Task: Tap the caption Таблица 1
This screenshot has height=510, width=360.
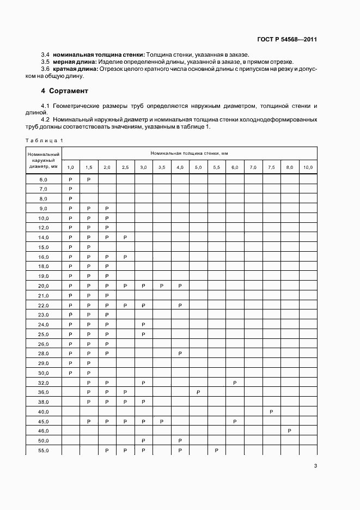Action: click(x=44, y=140)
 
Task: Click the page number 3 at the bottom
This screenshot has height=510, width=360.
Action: click(x=315, y=465)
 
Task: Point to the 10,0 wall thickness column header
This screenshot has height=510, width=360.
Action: click(x=308, y=167)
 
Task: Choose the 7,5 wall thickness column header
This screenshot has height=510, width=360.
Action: click(x=271, y=167)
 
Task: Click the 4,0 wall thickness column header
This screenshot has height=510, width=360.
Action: click(x=180, y=167)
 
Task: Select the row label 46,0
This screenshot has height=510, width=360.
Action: click(x=44, y=431)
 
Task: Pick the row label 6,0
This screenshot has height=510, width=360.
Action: click(x=44, y=179)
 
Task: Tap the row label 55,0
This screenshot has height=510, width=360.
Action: click(x=44, y=451)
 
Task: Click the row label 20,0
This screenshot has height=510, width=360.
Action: click(x=44, y=286)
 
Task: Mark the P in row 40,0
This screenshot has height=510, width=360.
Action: click(x=271, y=411)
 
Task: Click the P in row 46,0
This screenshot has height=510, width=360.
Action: click(x=290, y=431)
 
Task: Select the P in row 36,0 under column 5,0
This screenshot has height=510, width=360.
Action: click(x=198, y=392)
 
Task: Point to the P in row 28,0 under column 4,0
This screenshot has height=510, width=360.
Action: click(x=180, y=354)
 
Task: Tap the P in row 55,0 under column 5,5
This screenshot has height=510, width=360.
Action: click(x=216, y=451)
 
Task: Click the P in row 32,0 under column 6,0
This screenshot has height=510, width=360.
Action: click(x=235, y=382)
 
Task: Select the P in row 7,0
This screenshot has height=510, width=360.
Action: click(x=70, y=189)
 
